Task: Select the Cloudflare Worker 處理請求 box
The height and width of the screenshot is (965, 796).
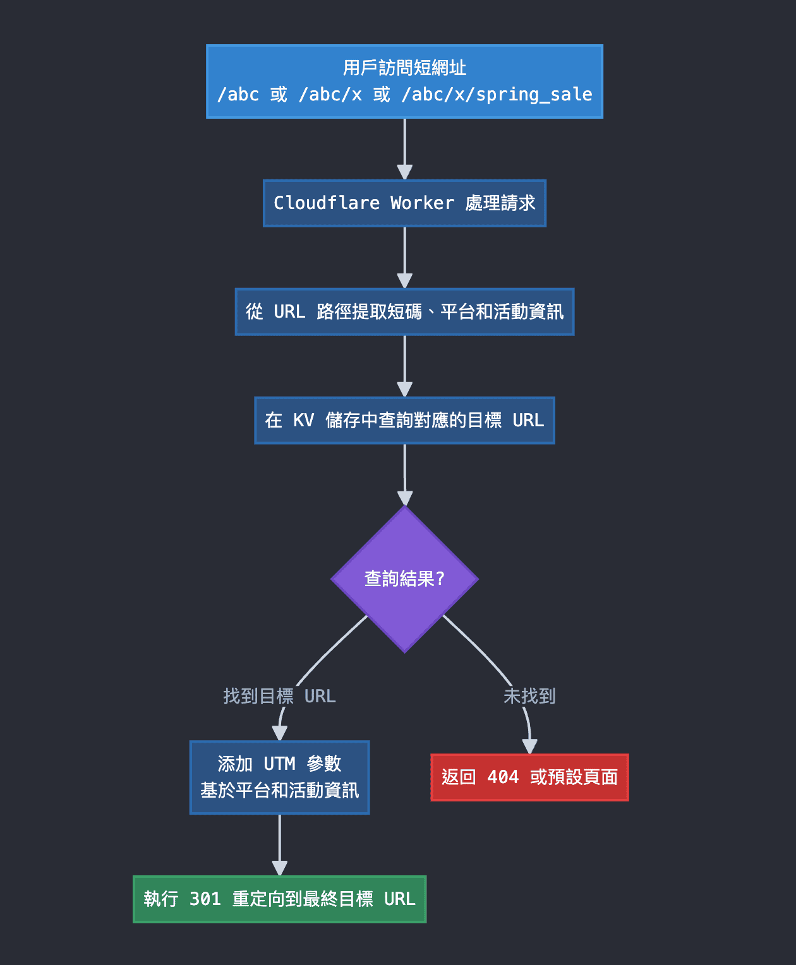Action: [x=404, y=203]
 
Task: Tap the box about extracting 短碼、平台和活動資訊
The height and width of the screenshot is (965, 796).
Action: [x=404, y=312]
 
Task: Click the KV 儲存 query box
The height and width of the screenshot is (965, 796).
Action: [x=404, y=421]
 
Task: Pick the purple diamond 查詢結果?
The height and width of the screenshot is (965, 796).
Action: [x=404, y=579]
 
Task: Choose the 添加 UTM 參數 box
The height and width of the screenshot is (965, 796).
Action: [x=279, y=777]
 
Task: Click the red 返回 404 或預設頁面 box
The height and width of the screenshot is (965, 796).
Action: [x=529, y=777]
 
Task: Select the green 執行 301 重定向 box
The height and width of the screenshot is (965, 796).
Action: [x=279, y=899]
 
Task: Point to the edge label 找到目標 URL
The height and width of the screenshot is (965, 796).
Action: [x=279, y=696]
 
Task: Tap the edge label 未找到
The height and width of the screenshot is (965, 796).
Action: [x=529, y=696]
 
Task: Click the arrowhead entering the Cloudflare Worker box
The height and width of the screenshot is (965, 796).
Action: [x=404, y=172]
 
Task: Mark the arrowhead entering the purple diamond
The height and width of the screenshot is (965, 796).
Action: [x=404, y=498]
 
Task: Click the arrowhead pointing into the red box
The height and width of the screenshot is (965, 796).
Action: [x=529, y=746]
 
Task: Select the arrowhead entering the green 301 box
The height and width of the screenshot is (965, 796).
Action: [x=279, y=868]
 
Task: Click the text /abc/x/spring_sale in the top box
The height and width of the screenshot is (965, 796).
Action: [x=497, y=95]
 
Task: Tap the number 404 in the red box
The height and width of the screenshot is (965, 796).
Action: [x=503, y=777]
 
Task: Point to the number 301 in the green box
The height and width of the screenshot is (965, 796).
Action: [x=205, y=899]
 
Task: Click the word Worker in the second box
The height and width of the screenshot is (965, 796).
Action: [x=422, y=203]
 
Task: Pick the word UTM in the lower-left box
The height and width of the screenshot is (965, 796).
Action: [x=279, y=764]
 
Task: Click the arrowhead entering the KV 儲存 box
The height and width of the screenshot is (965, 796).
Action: [x=404, y=390]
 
